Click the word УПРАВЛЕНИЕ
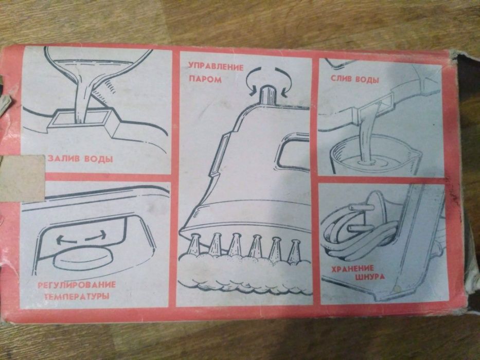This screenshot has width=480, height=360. coord(216,67)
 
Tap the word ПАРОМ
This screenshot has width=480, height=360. coord(205,80)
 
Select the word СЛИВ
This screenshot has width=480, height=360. coord(341,79)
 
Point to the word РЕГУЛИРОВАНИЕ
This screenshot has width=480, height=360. coord(77,285)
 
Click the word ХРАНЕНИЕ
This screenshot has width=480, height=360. coord(352,269)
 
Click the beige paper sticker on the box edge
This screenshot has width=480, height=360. coord(22,179)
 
